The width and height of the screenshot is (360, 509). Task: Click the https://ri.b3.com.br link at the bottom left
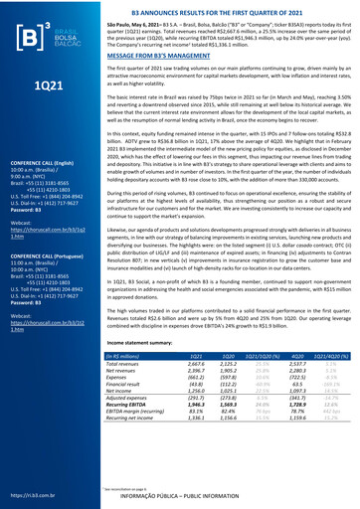pos(28,494)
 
